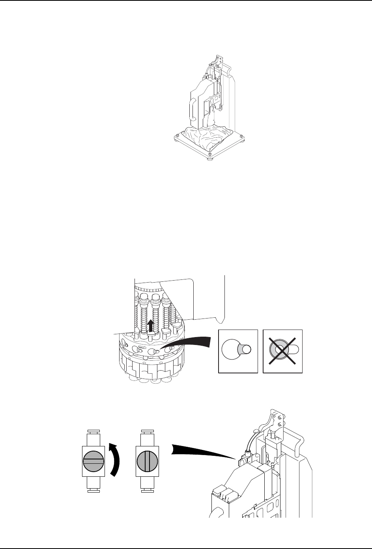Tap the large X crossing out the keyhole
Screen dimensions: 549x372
[282, 351]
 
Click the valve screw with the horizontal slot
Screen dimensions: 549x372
[93, 461]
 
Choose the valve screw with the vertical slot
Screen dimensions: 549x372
[147, 461]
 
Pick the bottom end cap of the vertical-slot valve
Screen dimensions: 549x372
[147, 491]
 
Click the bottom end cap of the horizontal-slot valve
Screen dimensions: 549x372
[93, 491]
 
